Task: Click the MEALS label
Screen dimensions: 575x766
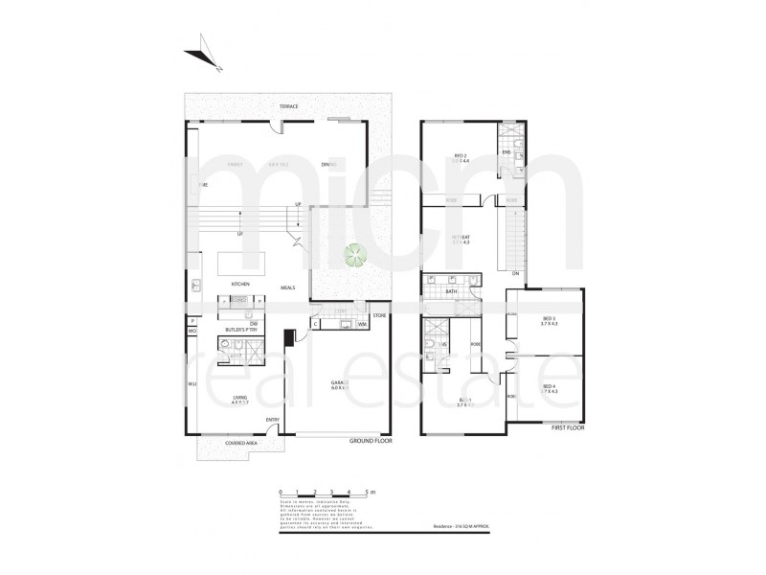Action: (286, 286)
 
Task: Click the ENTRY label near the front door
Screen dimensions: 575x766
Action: (273, 419)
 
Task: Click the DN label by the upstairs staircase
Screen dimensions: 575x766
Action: (514, 274)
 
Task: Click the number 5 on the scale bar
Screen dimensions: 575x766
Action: (366, 490)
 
